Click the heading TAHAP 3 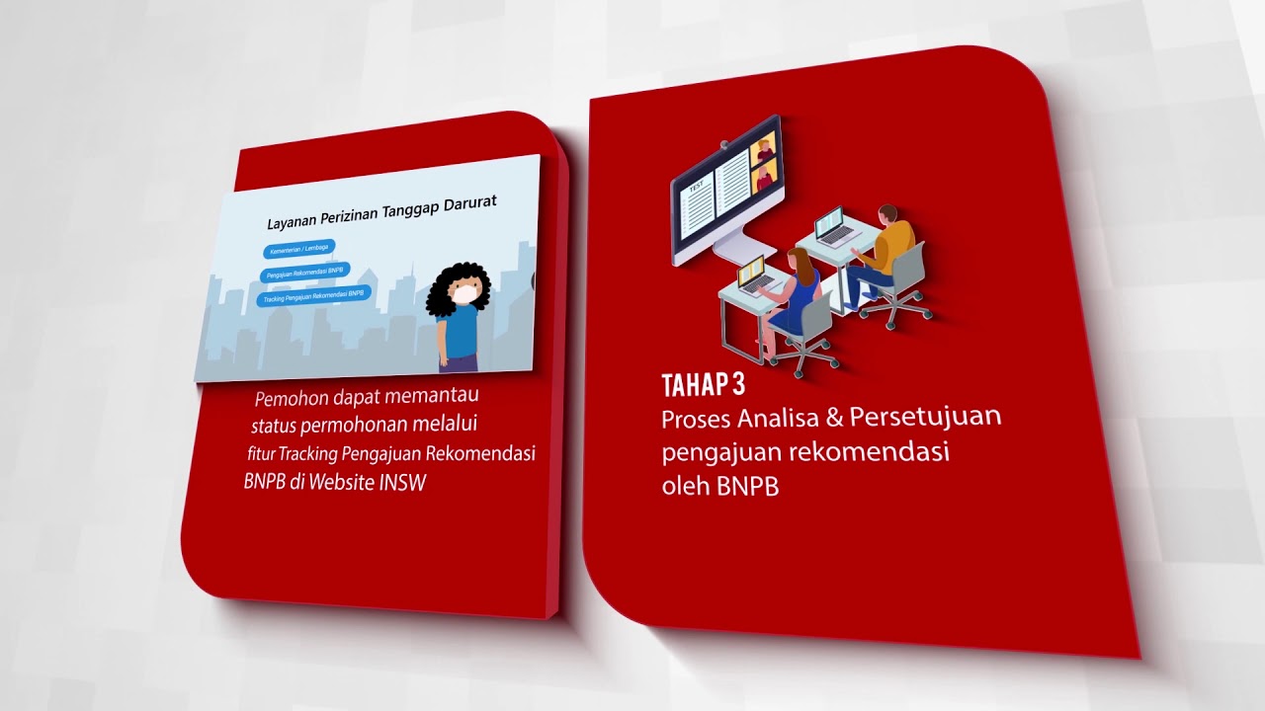coord(703,385)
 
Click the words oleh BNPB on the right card coord(719,487)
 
